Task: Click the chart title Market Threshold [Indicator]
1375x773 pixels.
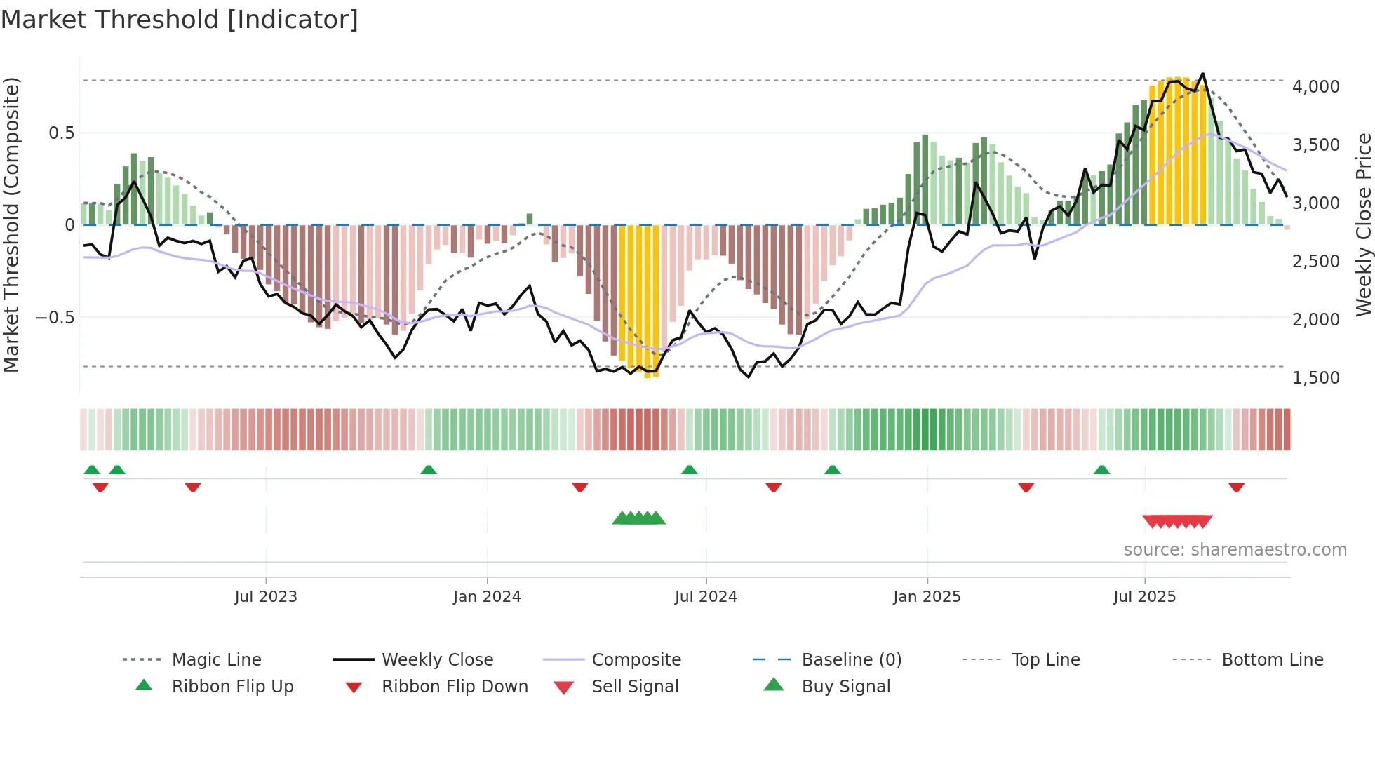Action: click(180, 20)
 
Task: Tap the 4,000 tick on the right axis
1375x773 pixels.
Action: click(1315, 87)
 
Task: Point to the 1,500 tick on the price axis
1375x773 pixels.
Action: click(1315, 378)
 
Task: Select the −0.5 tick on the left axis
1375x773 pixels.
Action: click(55, 318)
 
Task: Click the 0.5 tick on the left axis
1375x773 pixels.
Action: click(61, 133)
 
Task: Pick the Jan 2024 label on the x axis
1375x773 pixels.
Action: click(487, 597)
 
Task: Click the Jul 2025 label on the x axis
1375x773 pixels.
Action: click(1144, 597)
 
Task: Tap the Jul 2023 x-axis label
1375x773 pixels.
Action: click(266, 597)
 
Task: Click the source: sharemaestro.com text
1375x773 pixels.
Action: click(1235, 550)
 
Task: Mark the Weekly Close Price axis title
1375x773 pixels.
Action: click(1363, 224)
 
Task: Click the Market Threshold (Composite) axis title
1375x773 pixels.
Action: click(11, 224)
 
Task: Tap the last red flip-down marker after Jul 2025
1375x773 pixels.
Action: click(1236, 487)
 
